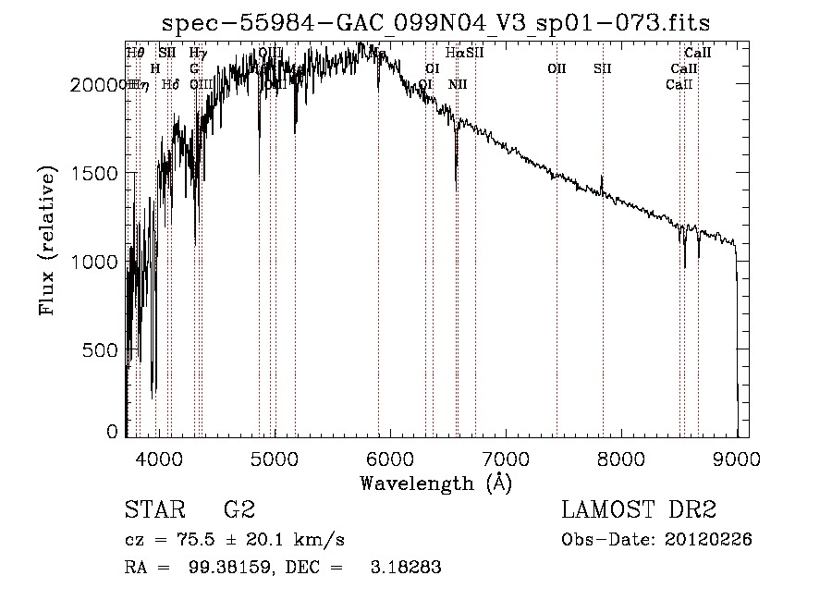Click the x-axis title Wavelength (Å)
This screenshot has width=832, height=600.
[435, 483]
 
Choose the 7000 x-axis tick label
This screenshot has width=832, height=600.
[506, 458]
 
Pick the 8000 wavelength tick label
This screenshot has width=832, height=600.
[621, 458]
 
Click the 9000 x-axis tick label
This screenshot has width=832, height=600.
[737, 458]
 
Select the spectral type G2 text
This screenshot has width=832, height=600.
[239, 510]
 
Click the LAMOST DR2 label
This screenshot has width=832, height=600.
[639, 510]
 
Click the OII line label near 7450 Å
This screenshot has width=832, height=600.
[557, 67]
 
